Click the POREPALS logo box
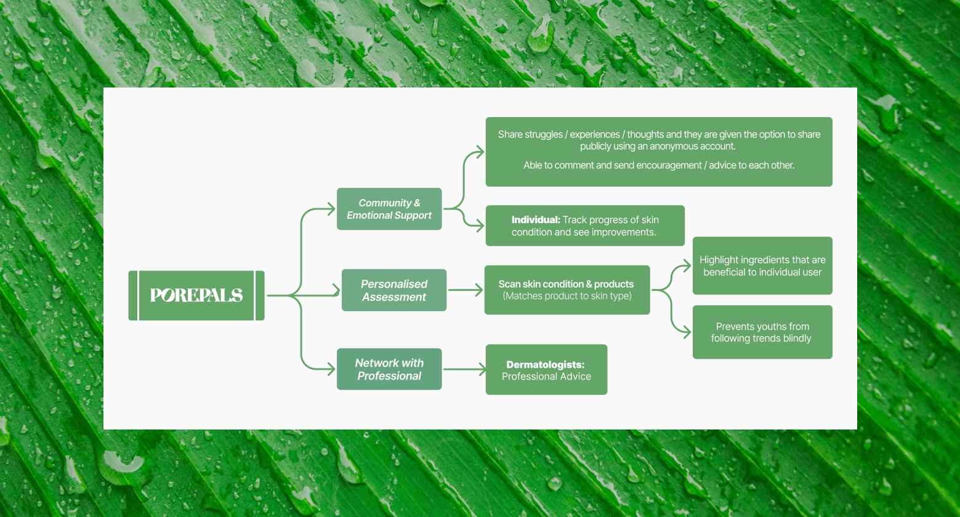196,295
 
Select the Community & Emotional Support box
389,209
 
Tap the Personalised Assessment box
394,290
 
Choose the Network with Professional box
389,369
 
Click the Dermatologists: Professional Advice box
546,370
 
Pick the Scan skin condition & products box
567,290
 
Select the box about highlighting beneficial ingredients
762,266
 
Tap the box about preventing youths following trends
762,332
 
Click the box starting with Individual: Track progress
585,226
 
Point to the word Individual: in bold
536,220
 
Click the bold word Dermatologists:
546,365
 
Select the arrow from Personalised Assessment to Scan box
466,290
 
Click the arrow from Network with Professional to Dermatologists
464,370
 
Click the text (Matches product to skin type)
567,296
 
